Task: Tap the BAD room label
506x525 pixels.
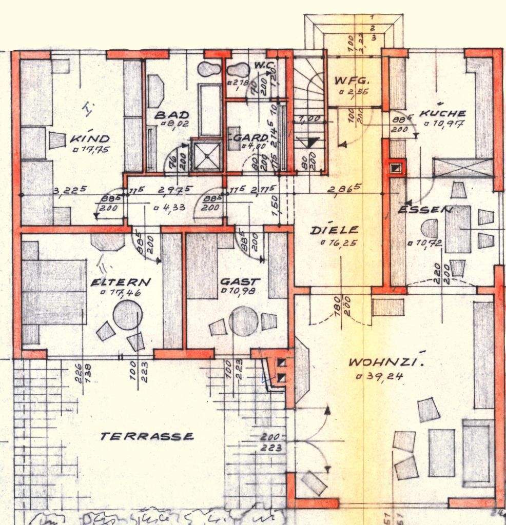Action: pyautogui.click(x=171, y=115)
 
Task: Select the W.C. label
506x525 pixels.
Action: pyautogui.click(x=265, y=66)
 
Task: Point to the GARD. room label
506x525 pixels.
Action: pyautogui.click(x=252, y=138)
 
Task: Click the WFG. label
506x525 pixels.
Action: pyautogui.click(x=352, y=81)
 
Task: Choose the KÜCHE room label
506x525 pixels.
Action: pyautogui.click(x=442, y=113)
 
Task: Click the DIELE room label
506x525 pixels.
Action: pyautogui.click(x=334, y=231)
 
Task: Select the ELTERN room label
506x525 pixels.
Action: pyautogui.click(x=121, y=282)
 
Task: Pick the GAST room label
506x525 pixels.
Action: pyautogui.click(x=240, y=282)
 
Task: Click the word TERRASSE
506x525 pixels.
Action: pyautogui.click(x=147, y=437)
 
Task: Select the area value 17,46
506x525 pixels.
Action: pyautogui.click(x=125, y=293)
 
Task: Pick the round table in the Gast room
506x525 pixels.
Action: pyautogui.click(x=243, y=321)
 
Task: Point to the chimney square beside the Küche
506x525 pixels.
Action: pyautogui.click(x=395, y=167)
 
